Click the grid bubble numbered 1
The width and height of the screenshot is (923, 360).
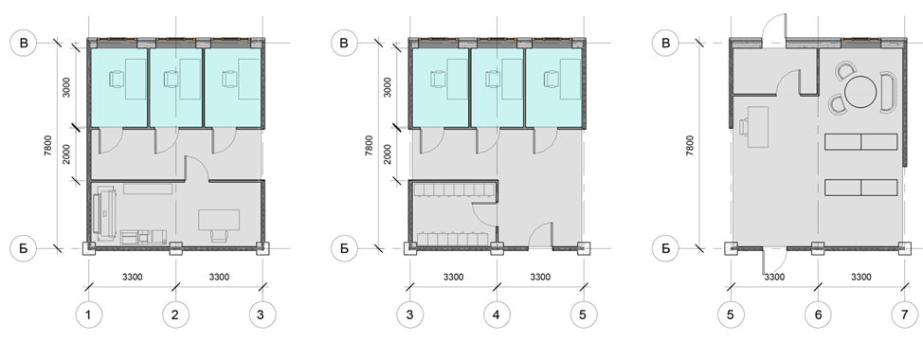pyautogui.click(x=88, y=315)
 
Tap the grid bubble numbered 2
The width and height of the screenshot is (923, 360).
pyautogui.click(x=175, y=315)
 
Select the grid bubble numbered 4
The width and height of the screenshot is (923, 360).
pyautogui.click(x=497, y=315)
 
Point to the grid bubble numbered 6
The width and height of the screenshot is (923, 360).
pyautogui.click(x=818, y=315)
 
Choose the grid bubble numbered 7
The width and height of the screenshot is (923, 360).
pyautogui.click(x=905, y=315)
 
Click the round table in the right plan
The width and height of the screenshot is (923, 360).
pyautogui.click(x=860, y=91)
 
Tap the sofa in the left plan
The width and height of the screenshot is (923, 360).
pyautogui.click(x=103, y=214)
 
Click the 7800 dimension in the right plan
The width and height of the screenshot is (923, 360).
pyautogui.click(x=689, y=146)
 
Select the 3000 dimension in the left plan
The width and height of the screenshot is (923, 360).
pyautogui.click(x=66, y=87)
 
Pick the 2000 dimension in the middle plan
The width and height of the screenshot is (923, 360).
pyautogui.click(x=388, y=154)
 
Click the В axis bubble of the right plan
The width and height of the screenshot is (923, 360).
pyautogui.click(x=666, y=43)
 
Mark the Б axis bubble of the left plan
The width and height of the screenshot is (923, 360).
pyautogui.click(x=24, y=248)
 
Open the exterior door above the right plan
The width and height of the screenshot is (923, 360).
pyautogui.click(x=774, y=27)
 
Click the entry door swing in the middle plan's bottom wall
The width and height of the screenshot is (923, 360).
pyautogui.click(x=540, y=235)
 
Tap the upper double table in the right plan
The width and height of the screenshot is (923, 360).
pyautogui.click(x=860, y=142)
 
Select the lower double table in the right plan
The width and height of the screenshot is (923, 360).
pyautogui.click(x=860, y=188)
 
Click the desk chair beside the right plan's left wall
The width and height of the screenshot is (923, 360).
pyautogui.click(x=744, y=127)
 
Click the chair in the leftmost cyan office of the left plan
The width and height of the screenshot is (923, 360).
pyautogui.click(x=118, y=79)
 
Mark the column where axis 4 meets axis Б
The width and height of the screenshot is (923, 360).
pyautogui.click(x=497, y=248)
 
